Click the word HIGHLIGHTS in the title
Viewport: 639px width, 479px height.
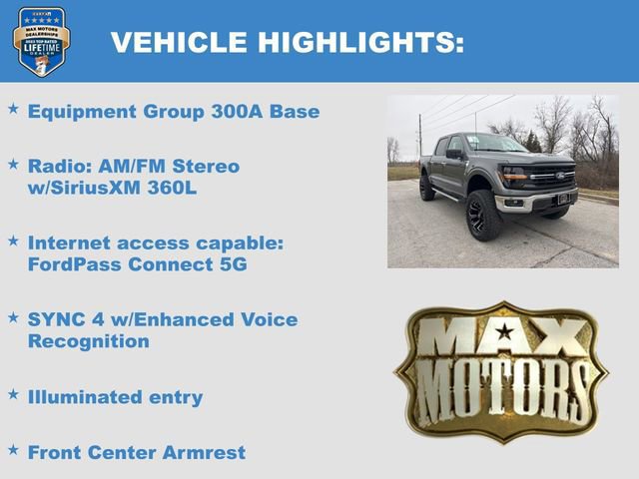[x=360, y=42]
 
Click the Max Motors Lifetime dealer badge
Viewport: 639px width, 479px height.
[x=41, y=41]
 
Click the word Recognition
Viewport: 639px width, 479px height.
[x=88, y=341]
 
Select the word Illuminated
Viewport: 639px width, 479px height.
[x=86, y=397]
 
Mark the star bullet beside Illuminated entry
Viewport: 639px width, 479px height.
[x=13, y=394]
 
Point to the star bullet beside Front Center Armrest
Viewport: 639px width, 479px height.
[x=13, y=450]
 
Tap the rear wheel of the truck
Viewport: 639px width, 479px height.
[x=426, y=188]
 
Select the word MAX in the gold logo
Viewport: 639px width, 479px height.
[x=499, y=336]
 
